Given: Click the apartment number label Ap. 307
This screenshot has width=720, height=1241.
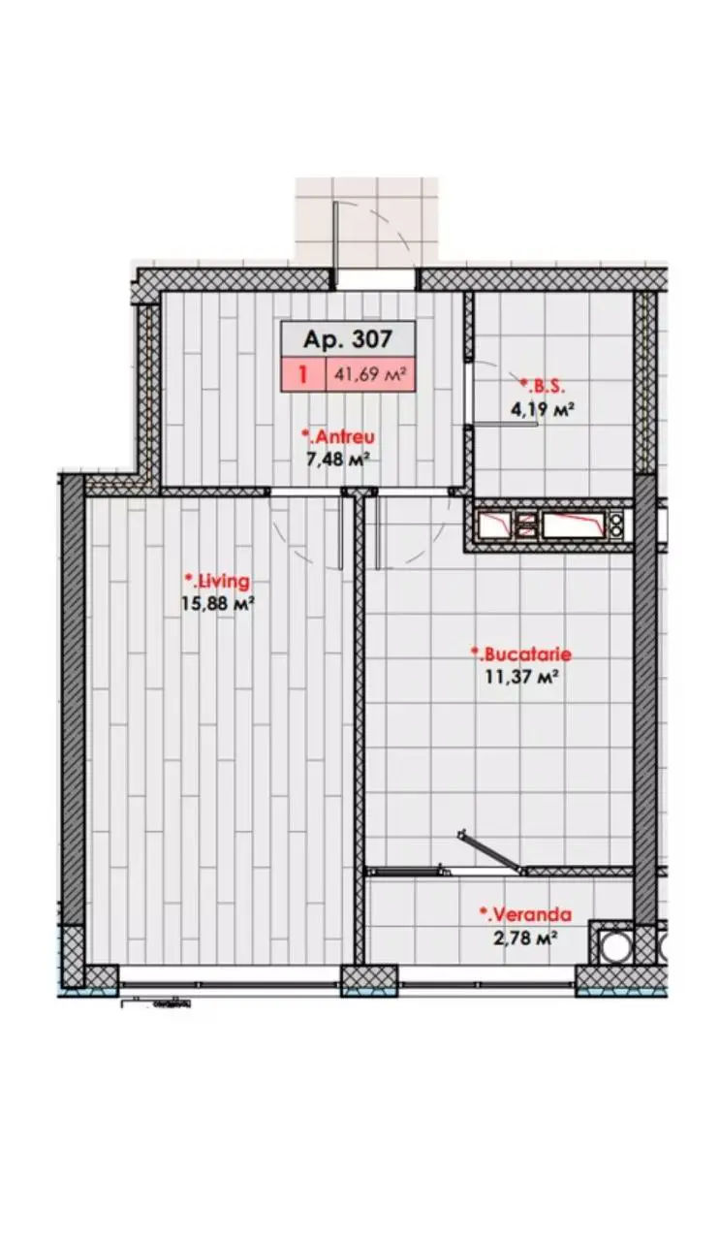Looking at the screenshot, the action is click(x=347, y=338).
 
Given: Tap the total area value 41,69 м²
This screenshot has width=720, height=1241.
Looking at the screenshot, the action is click(x=370, y=374).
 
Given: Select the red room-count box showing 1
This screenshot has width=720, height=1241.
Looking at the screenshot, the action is click(x=303, y=375).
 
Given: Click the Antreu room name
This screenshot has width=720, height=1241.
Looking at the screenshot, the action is click(x=338, y=436).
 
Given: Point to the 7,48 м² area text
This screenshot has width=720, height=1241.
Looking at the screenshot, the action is click(x=338, y=460).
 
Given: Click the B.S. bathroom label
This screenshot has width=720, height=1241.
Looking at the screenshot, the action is click(x=543, y=386).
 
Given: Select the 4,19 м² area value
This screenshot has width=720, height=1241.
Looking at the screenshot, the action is click(x=541, y=409).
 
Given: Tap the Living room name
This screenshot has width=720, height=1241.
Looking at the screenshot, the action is click(x=217, y=582).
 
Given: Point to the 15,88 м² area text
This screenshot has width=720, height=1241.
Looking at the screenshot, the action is click(x=217, y=603).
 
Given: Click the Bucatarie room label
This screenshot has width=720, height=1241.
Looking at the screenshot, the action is click(x=521, y=654).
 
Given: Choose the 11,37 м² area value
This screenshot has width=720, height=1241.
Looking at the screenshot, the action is click(x=521, y=677).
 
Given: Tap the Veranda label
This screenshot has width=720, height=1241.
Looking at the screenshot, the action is click(x=525, y=914).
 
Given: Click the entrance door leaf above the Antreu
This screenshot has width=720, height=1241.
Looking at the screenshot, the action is click(x=335, y=244).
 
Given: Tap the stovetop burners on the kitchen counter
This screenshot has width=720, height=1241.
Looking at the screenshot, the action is click(x=616, y=525).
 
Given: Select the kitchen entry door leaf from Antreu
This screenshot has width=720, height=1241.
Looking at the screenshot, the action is click(x=378, y=532).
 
